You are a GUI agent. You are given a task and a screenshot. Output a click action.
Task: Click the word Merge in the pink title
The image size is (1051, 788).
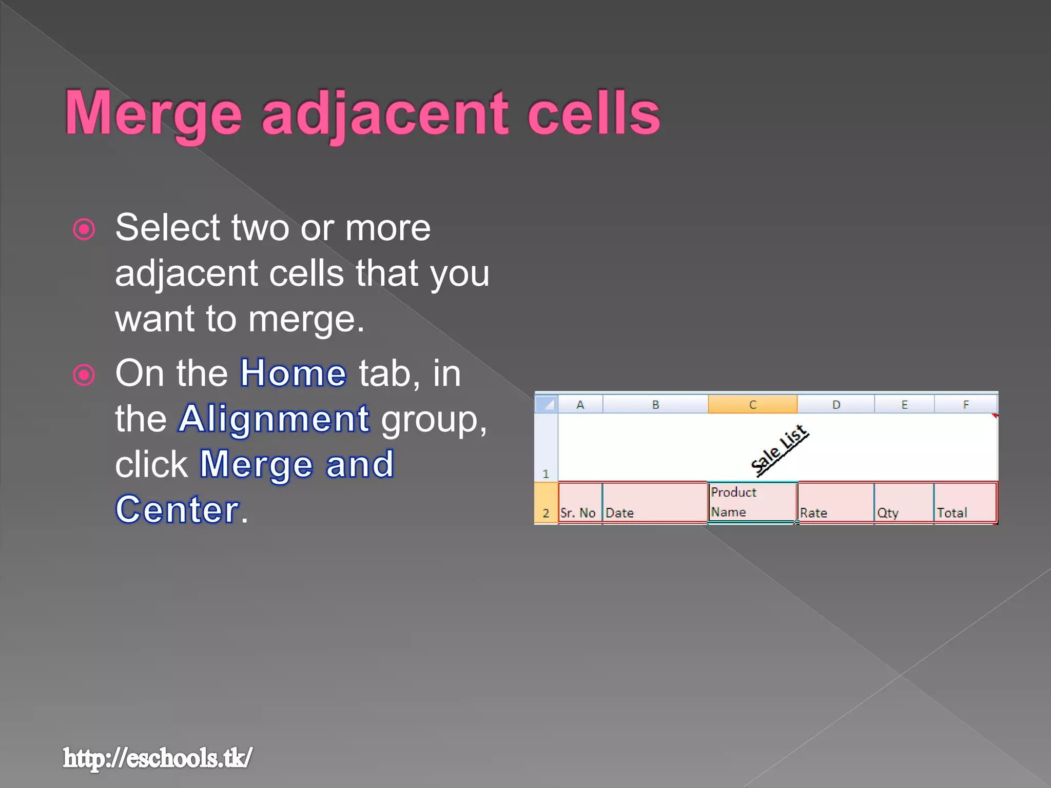(153, 114)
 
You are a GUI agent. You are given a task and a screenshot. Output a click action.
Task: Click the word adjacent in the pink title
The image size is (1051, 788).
(385, 114)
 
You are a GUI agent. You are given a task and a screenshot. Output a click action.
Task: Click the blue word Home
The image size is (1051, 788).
(293, 373)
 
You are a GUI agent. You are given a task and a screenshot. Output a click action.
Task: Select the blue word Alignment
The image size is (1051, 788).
(274, 419)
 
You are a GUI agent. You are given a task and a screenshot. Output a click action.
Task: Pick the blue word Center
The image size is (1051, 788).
(177, 509)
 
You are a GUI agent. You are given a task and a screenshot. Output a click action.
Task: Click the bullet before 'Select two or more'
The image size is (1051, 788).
(84, 229)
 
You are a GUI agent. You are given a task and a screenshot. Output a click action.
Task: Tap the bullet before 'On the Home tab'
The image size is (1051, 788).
(84, 375)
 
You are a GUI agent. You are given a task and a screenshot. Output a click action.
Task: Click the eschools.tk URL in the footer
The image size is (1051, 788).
(158, 758)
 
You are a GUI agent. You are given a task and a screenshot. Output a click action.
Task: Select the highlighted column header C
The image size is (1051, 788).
(752, 404)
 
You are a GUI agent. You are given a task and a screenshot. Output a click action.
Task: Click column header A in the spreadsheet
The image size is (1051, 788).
(580, 404)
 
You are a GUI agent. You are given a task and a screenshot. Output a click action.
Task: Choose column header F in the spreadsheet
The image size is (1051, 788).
(965, 404)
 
